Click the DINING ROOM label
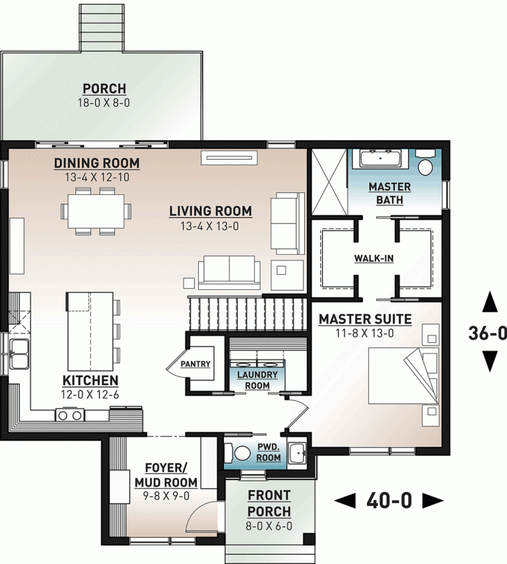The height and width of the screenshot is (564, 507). coord(96,163)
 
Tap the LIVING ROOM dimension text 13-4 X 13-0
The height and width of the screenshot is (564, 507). coord(210,226)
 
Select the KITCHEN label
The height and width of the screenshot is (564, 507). coord(90,380)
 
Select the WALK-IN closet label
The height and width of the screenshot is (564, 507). coord(374,258)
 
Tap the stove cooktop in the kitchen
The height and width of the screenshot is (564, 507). coord(71,415)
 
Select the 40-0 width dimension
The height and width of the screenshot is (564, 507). coord(389,501)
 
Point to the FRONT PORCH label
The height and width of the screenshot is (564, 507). coord(269,503)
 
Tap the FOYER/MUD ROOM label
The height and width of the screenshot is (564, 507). coord(161,474)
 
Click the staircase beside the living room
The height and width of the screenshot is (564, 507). coord(248,314)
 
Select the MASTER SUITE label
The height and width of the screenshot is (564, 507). coord(365,320)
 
